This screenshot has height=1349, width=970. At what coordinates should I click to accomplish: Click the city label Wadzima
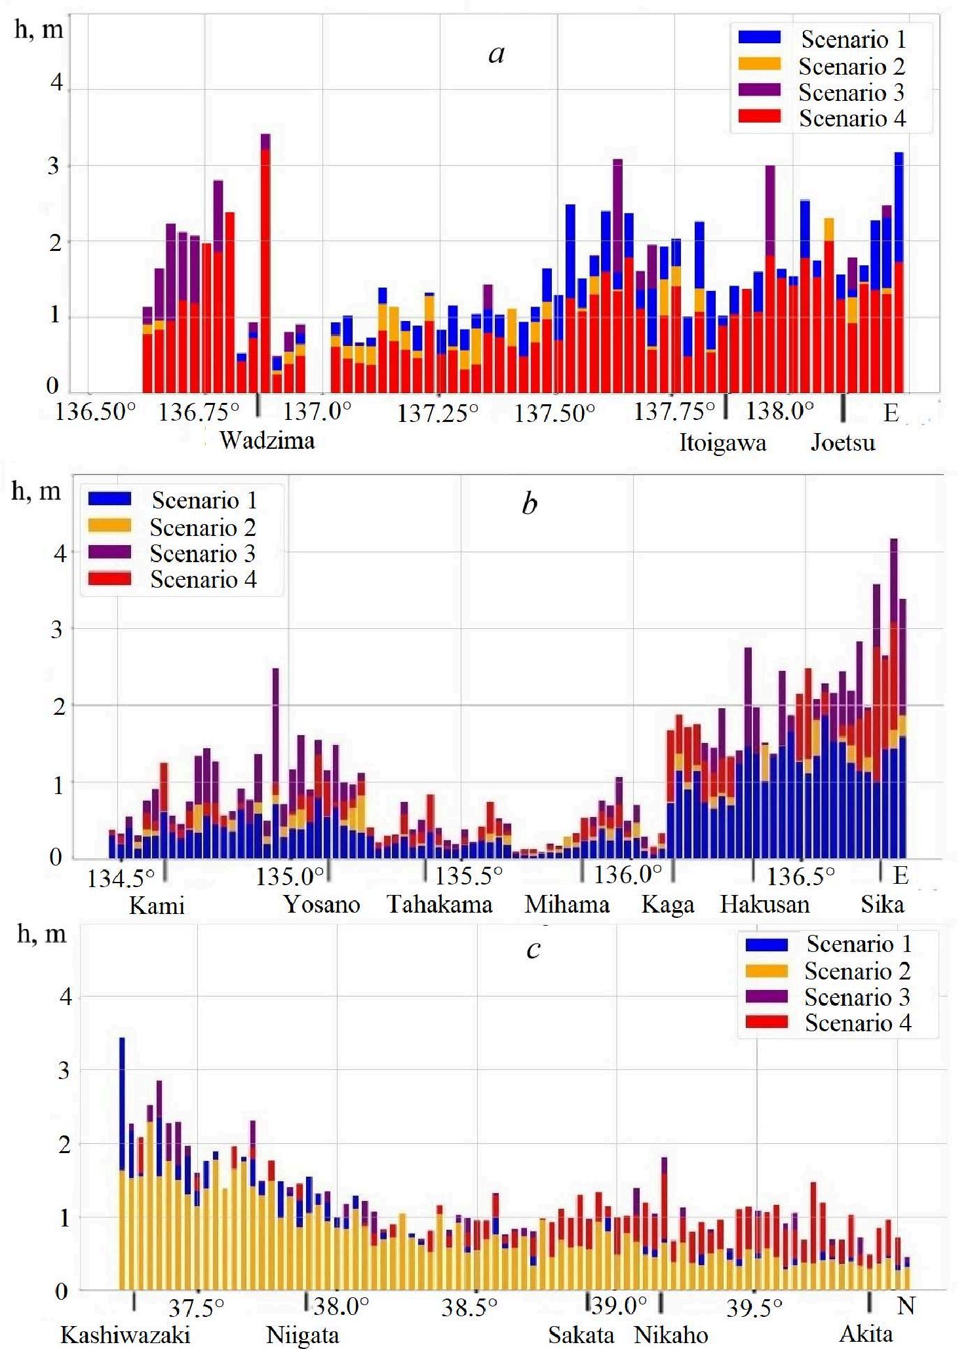pyautogui.click(x=267, y=440)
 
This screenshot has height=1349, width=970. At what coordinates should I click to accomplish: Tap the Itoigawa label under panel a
pyautogui.click(x=722, y=443)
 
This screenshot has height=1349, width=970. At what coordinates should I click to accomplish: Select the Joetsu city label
pyautogui.click(x=843, y=443)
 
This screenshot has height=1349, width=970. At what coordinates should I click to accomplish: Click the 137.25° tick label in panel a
pyautogui.click(x=438, y=413)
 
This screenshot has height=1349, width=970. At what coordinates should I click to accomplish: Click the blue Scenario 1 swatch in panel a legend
pyautogui.click(x=759, y=38)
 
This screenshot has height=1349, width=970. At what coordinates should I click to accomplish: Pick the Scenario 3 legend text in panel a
pyautogui.click(x=851, y=92)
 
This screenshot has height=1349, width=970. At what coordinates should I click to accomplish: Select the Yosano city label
pyautogui.click(x=321, y=905)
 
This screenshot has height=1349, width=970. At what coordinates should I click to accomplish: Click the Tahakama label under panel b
pyautogui.click(x=439, y=905)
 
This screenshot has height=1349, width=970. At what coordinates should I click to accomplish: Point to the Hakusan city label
pyautogui.click(x=765, y=905)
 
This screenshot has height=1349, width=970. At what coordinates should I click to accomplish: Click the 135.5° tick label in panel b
pyautogui.click(x=469, y=876)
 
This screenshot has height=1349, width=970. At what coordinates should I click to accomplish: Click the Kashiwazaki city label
pyautogui.click(x=125, y=1335)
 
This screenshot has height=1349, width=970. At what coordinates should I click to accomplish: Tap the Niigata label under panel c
pyautogui.click(x=302, y=1335)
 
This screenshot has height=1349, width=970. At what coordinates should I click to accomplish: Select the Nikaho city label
pyautogui.click(x=671, y=1335)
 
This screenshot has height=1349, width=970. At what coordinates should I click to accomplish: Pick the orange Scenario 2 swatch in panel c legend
pyautogui.click(x=767, y=970)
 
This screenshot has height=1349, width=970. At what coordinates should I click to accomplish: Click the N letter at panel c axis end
pyautogui.click(x=905, y=1306)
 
